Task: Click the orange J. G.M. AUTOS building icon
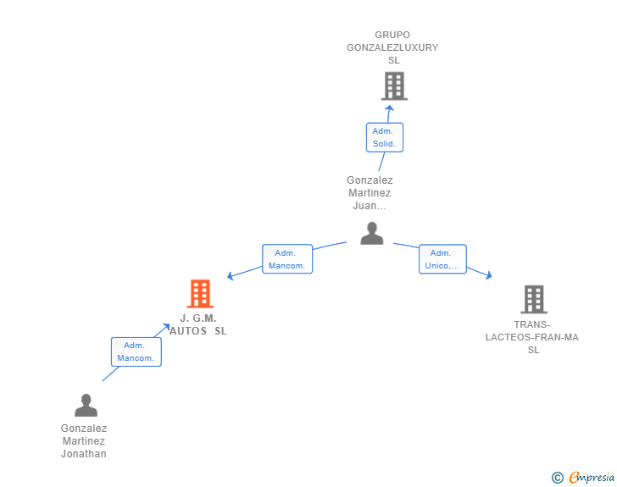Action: coord(200,293)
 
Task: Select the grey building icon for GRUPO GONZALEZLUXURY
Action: coord(394,86)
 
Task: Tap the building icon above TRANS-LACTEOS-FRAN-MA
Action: coord(534,299)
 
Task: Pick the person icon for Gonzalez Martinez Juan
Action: coord(372,233)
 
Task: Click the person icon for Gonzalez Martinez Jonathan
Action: coord(86,405)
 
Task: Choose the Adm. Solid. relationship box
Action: coord(385,137)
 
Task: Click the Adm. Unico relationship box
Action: coord(442,259)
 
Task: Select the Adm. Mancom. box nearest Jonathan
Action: coord(136,351)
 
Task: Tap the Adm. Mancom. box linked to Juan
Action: coord(287,259)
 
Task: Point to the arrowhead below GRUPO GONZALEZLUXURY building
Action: coord(389,108)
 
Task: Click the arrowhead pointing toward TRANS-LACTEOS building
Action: coord(489,275)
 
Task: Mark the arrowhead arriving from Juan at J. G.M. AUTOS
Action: coord(231,276)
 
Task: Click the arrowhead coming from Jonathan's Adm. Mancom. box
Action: coord(166,327)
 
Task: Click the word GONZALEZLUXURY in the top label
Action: coord(392,47)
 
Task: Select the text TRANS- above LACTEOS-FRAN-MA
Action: coord(532,324)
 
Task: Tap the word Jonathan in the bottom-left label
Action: coord(83,454)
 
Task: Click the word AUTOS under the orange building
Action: coord(188,331)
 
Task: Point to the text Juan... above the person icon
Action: coord(370,206)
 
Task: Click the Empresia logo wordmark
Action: coord(592,478)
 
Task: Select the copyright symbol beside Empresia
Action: coord(557,478)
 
